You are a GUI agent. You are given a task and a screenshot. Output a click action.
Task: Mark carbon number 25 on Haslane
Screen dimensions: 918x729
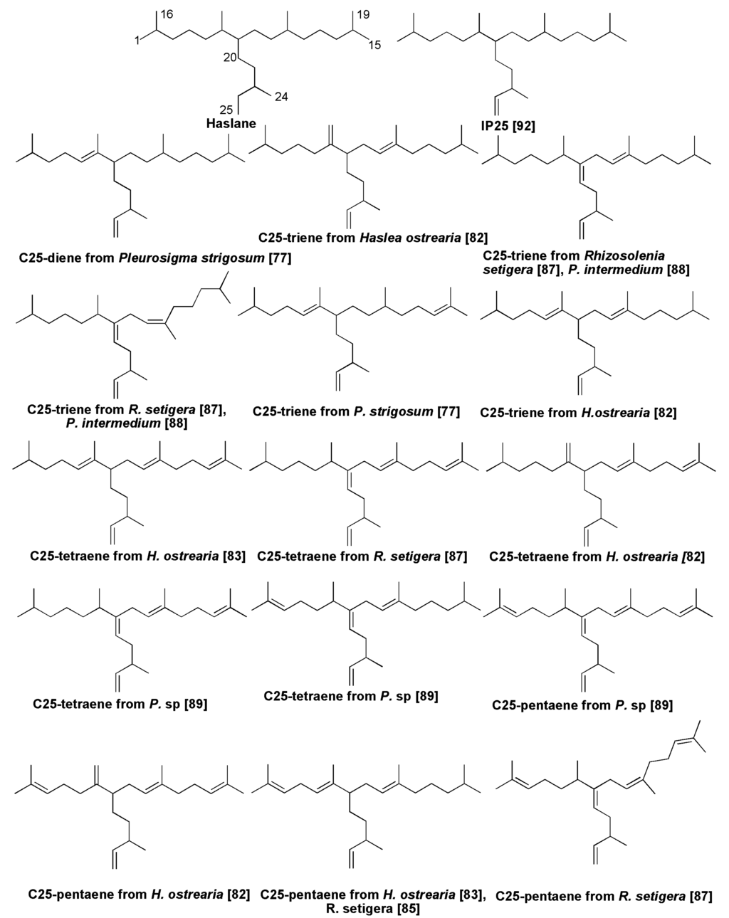point(226,110)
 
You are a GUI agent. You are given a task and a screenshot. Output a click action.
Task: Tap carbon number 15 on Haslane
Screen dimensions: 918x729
point(374,45)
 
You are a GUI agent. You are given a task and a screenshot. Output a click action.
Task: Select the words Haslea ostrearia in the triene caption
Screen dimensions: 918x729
point(401,237)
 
